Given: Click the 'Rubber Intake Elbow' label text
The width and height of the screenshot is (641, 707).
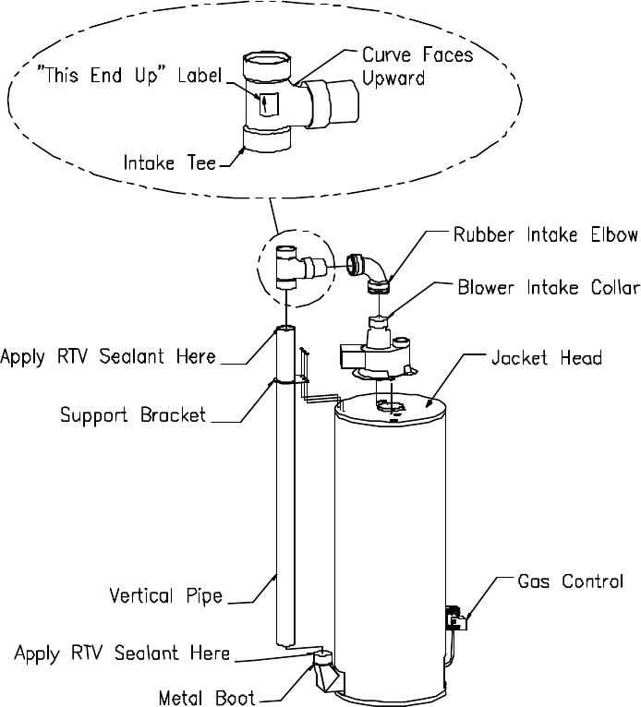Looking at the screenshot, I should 545,236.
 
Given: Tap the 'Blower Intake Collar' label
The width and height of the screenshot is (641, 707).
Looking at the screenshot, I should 548,288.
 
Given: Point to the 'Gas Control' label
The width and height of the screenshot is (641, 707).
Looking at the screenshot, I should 570,582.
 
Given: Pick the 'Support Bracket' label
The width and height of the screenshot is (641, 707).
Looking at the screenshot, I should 133,415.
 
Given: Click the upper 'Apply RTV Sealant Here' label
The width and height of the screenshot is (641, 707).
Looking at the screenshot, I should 109,356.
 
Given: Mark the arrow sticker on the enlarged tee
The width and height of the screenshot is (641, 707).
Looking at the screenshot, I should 266,103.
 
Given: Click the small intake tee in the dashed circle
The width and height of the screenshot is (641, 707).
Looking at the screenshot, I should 288,267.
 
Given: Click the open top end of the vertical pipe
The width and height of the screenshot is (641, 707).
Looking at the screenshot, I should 286,328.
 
